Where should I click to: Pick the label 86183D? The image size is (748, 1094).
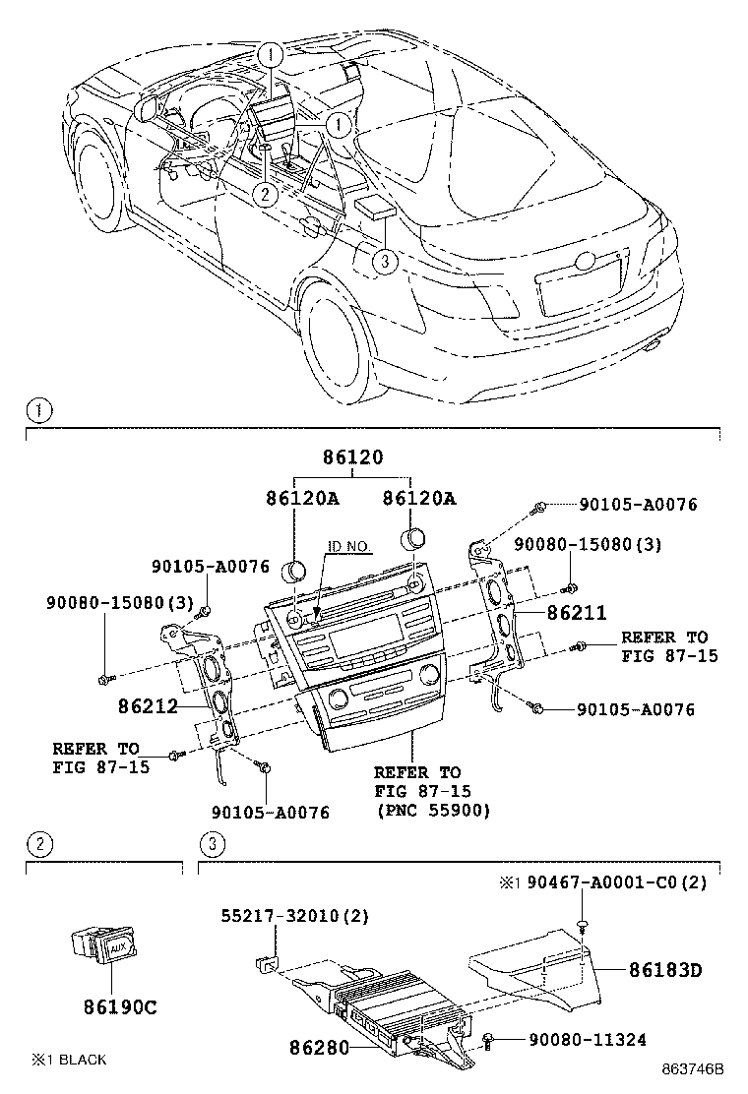click(664, 970)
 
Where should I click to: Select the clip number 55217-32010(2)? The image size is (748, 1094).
click(294, 916)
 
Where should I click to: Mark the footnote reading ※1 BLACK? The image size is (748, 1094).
click(69, 1060)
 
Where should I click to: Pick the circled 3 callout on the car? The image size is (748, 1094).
click(385, 261)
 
